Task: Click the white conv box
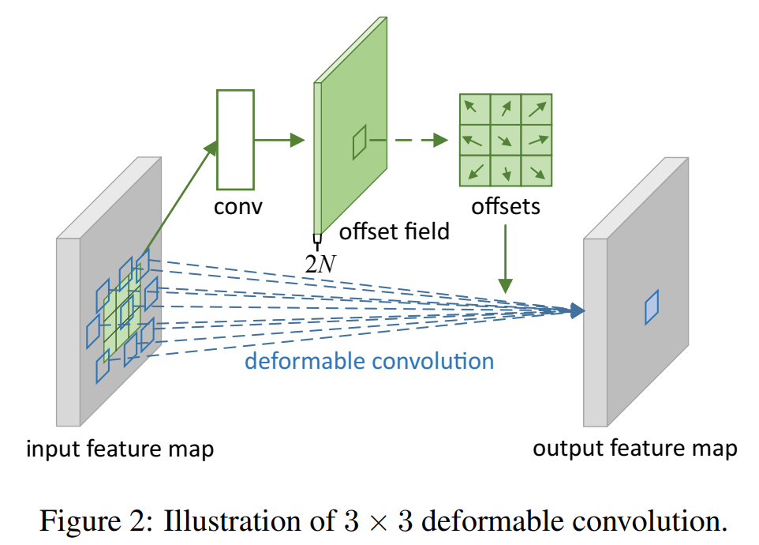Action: coord(235,139)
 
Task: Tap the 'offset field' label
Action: coord(394,231)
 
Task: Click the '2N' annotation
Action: coord(320,263)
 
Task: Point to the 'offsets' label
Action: coord(505,207)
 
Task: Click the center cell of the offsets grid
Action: coord(505,140)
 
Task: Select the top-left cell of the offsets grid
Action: coord(474,109)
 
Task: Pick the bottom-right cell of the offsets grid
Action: coord(536,171)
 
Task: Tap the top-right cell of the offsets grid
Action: coord(536,109)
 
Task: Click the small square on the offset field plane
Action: coord(360,142)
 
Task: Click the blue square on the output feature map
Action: coord(651,307)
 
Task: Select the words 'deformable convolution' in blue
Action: coord(369,362)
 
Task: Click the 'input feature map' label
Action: coord(120,449)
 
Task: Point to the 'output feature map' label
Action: coord(635,449)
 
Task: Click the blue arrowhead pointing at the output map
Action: coord(578,311)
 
